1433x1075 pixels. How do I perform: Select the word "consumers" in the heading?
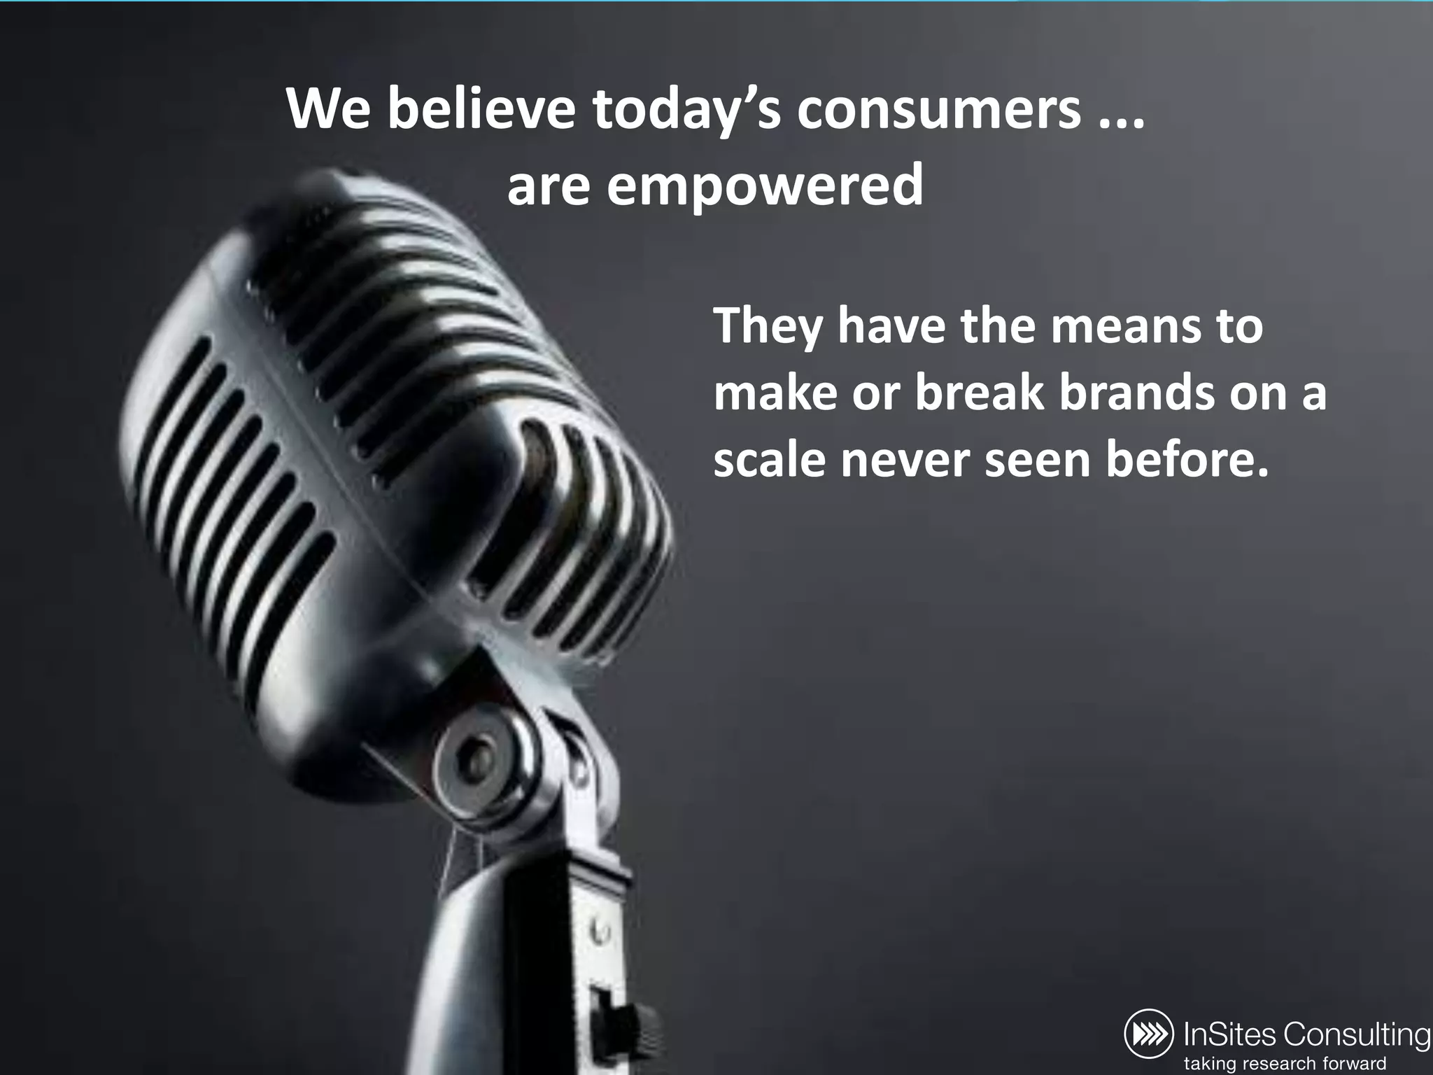938,111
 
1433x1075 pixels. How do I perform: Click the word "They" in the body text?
768,327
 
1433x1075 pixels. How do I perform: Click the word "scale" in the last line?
769,460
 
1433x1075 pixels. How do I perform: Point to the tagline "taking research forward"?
1285,1062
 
